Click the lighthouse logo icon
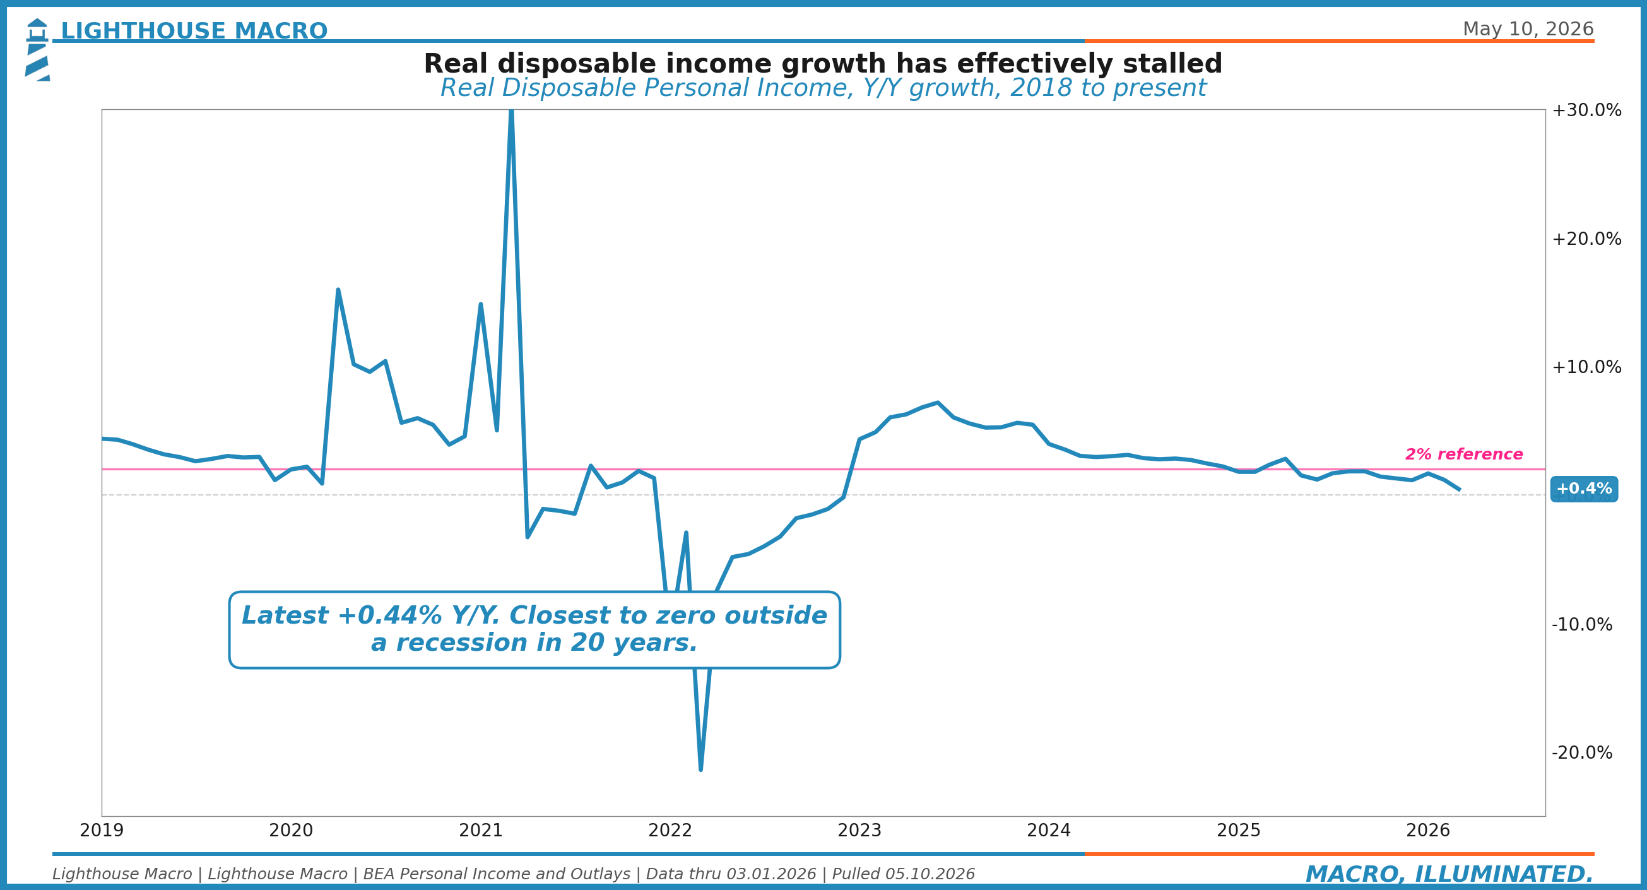coord(37,49)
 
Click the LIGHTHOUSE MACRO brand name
coord(194,31)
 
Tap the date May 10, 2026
coord(1528,30)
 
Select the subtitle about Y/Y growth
coord(823,88)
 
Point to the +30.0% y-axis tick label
coord(1586,110)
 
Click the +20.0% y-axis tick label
coord(1586,239)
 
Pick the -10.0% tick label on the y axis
coord(1582,624)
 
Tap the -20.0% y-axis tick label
coord(1582,752)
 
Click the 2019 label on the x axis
coord(102,830)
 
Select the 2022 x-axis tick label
coord(670,830)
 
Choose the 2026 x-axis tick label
coord(1427,830)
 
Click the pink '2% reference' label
coord(1464,454)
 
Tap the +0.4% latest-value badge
coord(1584,489)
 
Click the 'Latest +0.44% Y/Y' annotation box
coord(534,629)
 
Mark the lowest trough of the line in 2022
coord(700,769)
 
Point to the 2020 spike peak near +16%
coord(338,290)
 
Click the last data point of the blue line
coord(1459,490)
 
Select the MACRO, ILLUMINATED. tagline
coord(1449,874)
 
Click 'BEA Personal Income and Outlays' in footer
coord(497,874)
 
